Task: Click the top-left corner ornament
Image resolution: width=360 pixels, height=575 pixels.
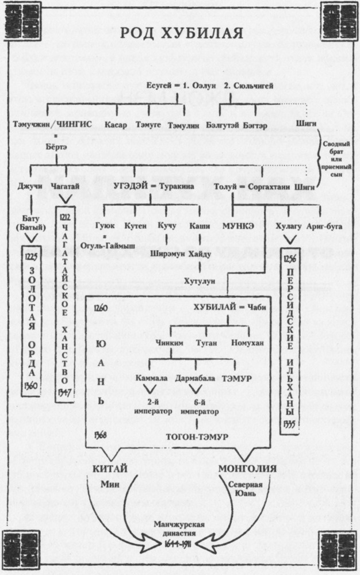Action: click(x=14, y=14)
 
